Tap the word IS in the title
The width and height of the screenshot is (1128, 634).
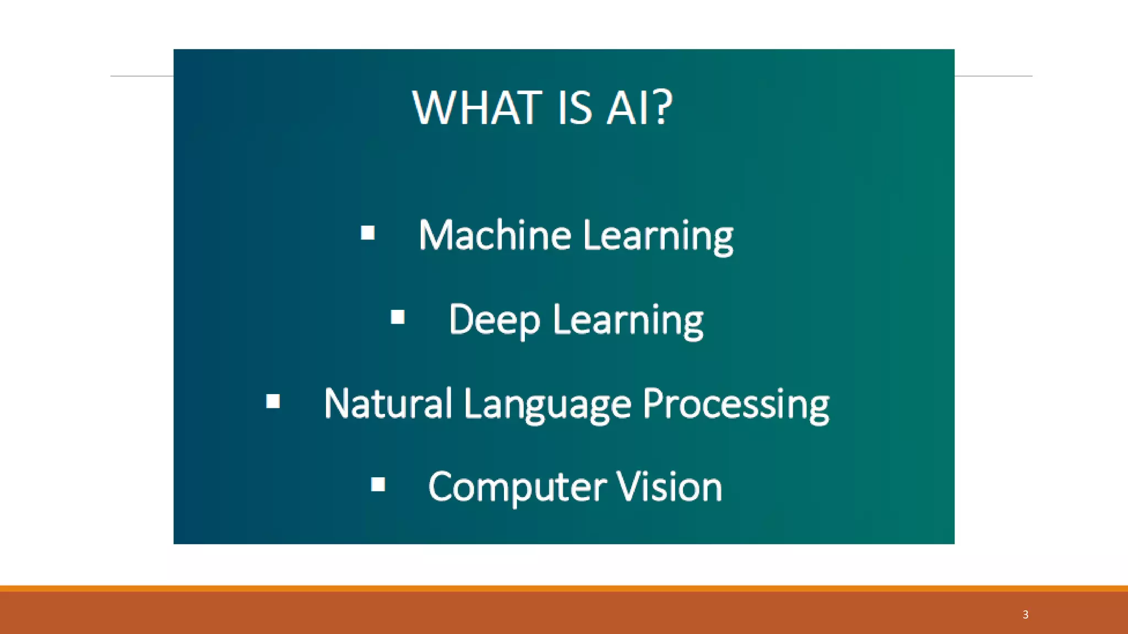point(574,108)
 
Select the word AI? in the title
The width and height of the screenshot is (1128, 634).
point(639,108)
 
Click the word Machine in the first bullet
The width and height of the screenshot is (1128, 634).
point(494,236)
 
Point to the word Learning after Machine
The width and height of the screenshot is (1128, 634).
point(658,237)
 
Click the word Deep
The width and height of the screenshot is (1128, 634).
point(494,320)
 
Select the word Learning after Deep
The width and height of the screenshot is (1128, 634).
point(628,320)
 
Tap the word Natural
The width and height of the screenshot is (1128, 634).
point(388,404)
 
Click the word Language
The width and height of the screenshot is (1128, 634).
point(547,405)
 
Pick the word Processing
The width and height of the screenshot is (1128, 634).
point(736,405)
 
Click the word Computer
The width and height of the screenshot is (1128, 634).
point(517,488)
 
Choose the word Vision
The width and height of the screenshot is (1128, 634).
point(669,488)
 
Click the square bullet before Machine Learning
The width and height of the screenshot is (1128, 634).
point(368,233)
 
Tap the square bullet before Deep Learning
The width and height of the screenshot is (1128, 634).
point(398,317)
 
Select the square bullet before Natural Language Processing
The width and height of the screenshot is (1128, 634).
point(273,401)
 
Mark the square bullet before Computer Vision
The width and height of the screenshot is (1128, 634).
point(378,484)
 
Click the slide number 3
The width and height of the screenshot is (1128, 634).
point(1026,614)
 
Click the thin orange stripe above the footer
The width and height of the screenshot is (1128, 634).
point(564,588)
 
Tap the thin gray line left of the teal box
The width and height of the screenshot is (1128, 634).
point(142,76)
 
